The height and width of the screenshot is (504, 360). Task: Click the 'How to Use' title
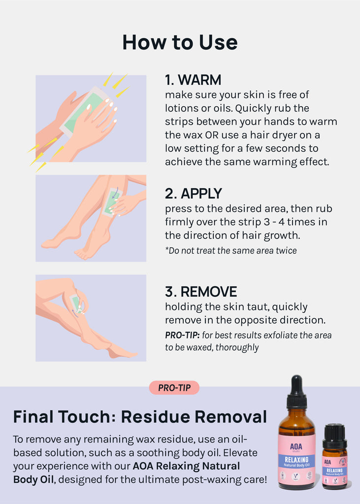pyautogui.click(x=180, y=42)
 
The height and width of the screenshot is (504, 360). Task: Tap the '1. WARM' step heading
pyautogui.click(x=193, y=80)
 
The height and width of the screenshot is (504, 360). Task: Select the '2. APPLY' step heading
pyautogui.click(x=194, y=193)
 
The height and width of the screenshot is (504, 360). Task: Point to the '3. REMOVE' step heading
pyautogui.click(x=201, y=292)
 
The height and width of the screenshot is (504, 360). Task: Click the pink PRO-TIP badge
pyautogui.click(x=174, y=388)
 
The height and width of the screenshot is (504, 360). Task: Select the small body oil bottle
pyautogui.click(x=335, y=456)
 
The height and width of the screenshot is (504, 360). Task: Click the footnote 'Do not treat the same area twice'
pyautogui.click(x=231, y=251)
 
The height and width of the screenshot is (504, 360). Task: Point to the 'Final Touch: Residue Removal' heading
pyautogui.click(x=140, y=417)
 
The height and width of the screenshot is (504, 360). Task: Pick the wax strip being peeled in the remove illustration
pyautogui.click(x=76, y=303)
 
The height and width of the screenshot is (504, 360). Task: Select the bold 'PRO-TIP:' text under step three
pyautogui.click(x=182, y=335)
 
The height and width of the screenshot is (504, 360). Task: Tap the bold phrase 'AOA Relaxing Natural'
pyautogui.click(x=186, y=466)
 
